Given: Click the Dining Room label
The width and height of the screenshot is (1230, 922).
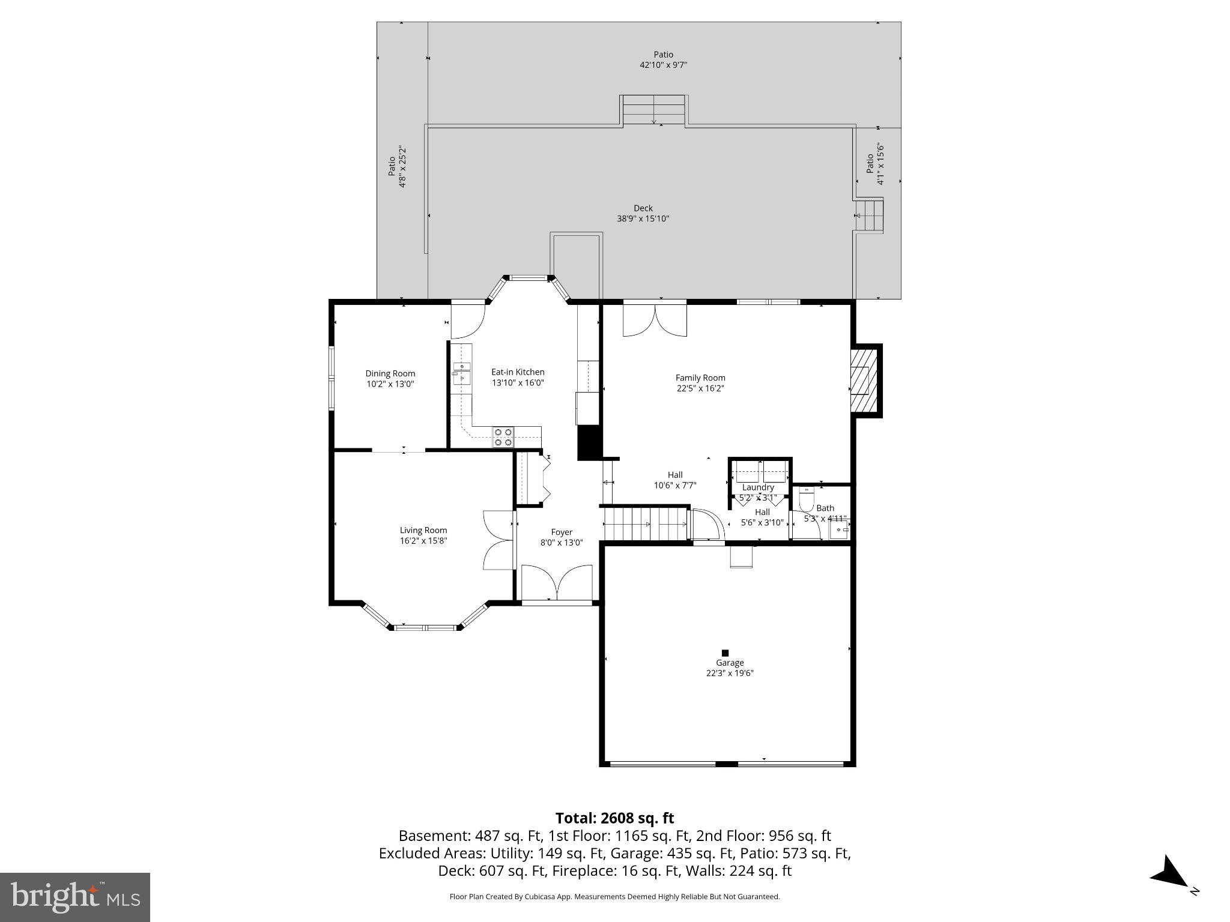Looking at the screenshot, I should pyautogui.click(x=390, y=373).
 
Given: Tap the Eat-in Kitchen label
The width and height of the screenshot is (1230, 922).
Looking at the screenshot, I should pyautogui.click(x=518, y=372).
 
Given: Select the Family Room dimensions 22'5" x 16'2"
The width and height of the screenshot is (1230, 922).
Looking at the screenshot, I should pyautogui.click(x=700, y=388).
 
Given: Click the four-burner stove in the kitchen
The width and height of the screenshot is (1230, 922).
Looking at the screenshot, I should pyautogui.click(x=503, y=437).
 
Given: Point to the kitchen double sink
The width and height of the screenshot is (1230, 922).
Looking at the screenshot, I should pyautogui.click(x=461, y=372).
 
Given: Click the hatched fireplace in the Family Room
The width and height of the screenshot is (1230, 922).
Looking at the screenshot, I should pyautogui.click(x=864, y=381).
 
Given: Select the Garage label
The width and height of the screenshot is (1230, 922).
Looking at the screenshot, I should pyautogui.click(x=730, y=663).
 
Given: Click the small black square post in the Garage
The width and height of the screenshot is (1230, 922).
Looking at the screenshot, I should pyautogui.click(x=725, y=652).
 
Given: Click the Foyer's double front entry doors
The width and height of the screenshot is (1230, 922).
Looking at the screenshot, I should pyautogui.click(x=557, y=582).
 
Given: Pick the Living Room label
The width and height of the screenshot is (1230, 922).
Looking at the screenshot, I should pyautogui.click(x=423, y=530).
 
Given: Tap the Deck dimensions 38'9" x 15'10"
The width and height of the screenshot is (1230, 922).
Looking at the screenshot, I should pyautogui.click(x=643, y=218).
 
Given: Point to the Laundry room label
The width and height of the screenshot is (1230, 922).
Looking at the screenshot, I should pyautogui.click(x=758, y=487).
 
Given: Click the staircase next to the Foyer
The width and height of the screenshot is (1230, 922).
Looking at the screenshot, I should pyautogui.click(x=646, y=524).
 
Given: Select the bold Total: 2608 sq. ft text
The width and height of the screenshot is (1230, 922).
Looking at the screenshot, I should pyautogui.click(x=614, y=818).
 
